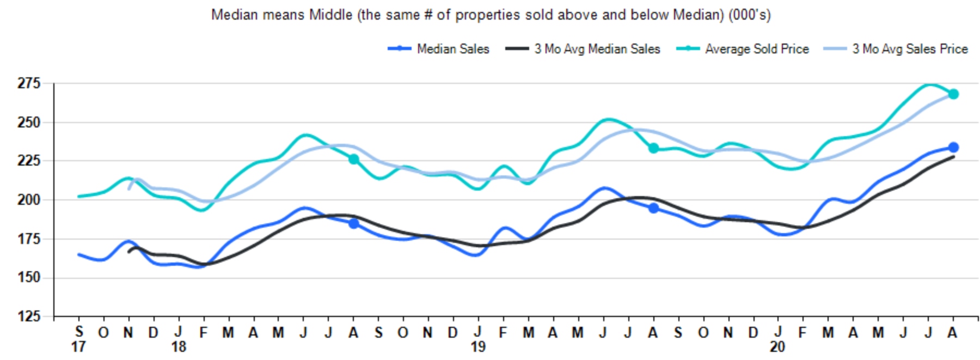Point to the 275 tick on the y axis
pyautogui.click(x=29, y=83)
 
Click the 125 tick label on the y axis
pyautogui.click(x=29, y=316)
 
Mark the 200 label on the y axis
pyautogui.click(x=29, y=200)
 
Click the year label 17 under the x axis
pyautogui.click(x=78, y=347)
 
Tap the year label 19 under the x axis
pyautogui.click(x=478, y=347)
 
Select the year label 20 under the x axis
pyautogui.click(x=777, y=347)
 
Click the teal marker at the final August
pyautogui.click(x=953, y=94)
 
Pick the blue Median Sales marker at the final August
pyautogui.click(x=953, y=148)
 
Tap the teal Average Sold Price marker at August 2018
pyautogui.click(x=354, y=159)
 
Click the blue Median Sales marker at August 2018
pyautogui.click(x=354, y=223)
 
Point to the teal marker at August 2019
pyautogui.click(x=653, y=148)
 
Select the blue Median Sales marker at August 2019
pyautogui.click(x=653, y=208)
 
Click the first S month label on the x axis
pyautogui.click(x=79, y=332)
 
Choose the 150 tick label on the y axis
pyautogui.click(x=29, y=278)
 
